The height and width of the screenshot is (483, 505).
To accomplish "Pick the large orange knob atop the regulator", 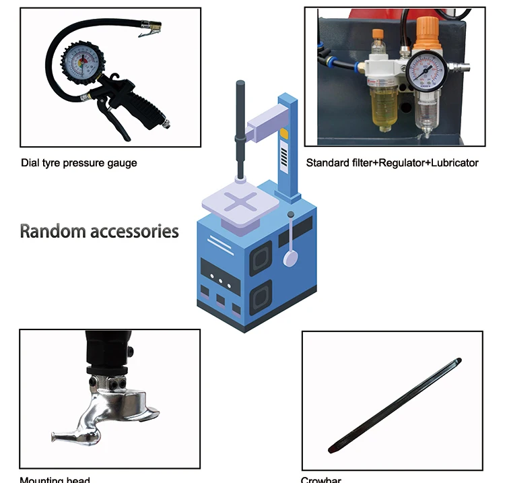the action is (x=425, y=31).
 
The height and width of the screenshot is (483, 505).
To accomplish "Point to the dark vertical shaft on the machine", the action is (x=239, y=128).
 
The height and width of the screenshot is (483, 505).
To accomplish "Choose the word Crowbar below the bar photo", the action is (x=321, y=480).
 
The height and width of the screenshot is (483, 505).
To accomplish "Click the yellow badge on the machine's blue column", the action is (x=284, y=133).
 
